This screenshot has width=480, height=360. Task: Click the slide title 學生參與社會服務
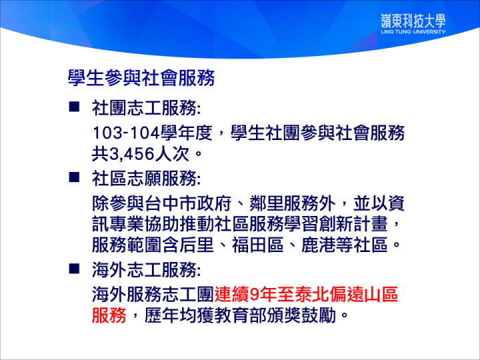pyautogui.click(x=141, y=78)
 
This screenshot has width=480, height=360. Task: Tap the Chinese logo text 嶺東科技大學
pyautogui.click(x=413, y=21)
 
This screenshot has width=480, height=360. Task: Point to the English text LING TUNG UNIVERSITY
pyautogui.click(x=413, y=31)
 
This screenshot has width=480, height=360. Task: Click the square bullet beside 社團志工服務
pyautogui.click(x=74, y=107)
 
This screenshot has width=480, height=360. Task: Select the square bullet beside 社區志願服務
pyautogui.click(x=74, y=177)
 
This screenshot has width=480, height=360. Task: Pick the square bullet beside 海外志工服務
pyautogui.click(x=74, y=269)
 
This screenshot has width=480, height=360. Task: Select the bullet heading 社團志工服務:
pyautogui.click(x=146, y=108)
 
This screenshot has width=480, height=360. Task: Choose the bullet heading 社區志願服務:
pyautogui.click(x=146, y=178)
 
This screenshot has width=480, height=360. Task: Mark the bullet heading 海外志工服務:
pyautogui.click(x=146, y=270)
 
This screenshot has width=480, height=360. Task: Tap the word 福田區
pyautogui.click(x=257, y=245)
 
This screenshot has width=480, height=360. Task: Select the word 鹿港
pyautogui.click(x=319, y=245)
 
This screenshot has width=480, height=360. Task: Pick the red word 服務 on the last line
pyautogui.click(x=109, y=315)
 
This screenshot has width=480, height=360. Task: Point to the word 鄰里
pyautogui.click(x=266, y=203)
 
